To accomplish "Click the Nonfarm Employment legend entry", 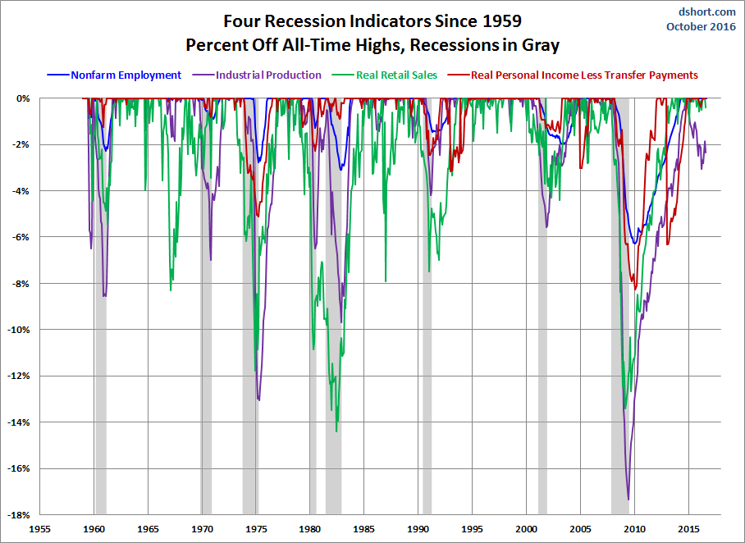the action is [114, 75].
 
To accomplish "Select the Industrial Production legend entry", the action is [257, 75].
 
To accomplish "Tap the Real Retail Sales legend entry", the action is [384, 75].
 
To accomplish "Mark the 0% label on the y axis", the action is [23, 98].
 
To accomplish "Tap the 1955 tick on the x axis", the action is [40, 529].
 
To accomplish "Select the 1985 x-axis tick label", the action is [364, 529].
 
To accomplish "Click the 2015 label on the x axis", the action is [688, 529].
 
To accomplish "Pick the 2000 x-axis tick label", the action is [527, 529].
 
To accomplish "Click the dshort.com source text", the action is [707, 11].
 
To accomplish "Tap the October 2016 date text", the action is [701, 26].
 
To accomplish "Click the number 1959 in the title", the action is [502, 21].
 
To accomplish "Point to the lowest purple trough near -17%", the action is [628, 500].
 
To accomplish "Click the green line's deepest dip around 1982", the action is [336, 431].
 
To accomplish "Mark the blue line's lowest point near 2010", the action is [634, 244].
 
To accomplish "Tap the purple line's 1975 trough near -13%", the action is [258, 399].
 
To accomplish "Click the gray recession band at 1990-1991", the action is [427, 306].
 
